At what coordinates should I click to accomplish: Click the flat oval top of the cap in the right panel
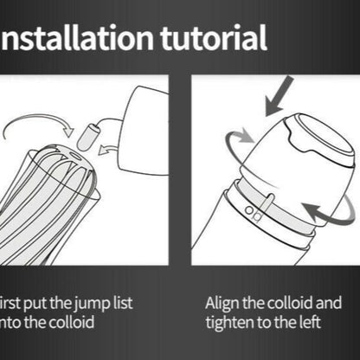coord(317,131)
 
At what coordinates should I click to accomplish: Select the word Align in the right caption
coord(222,304)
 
